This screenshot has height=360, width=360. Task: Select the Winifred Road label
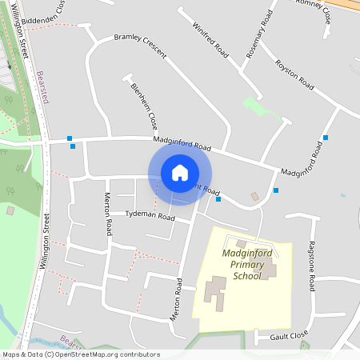[210, 39]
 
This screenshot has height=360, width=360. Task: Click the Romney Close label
[313, 5]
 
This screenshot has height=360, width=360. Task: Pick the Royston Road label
[294, 73]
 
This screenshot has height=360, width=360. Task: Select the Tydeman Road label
[150, 216]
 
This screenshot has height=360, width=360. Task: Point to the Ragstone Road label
[312, 265]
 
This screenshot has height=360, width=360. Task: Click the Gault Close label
[288, 336]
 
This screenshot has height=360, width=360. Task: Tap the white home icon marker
[180, 173]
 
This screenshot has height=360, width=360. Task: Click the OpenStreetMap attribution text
[82, 354]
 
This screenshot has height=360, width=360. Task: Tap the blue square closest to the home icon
[218, 199]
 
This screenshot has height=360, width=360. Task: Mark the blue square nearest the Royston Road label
[325, 138]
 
